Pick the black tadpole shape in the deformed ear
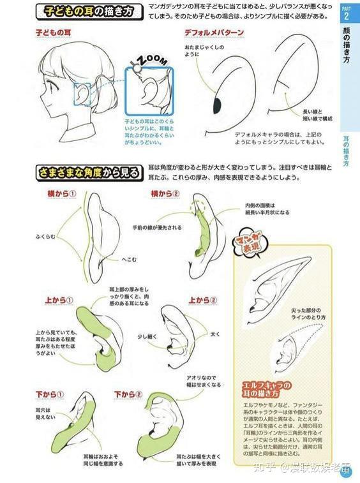217,103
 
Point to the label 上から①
59,299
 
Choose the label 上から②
203,299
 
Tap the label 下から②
128,395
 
